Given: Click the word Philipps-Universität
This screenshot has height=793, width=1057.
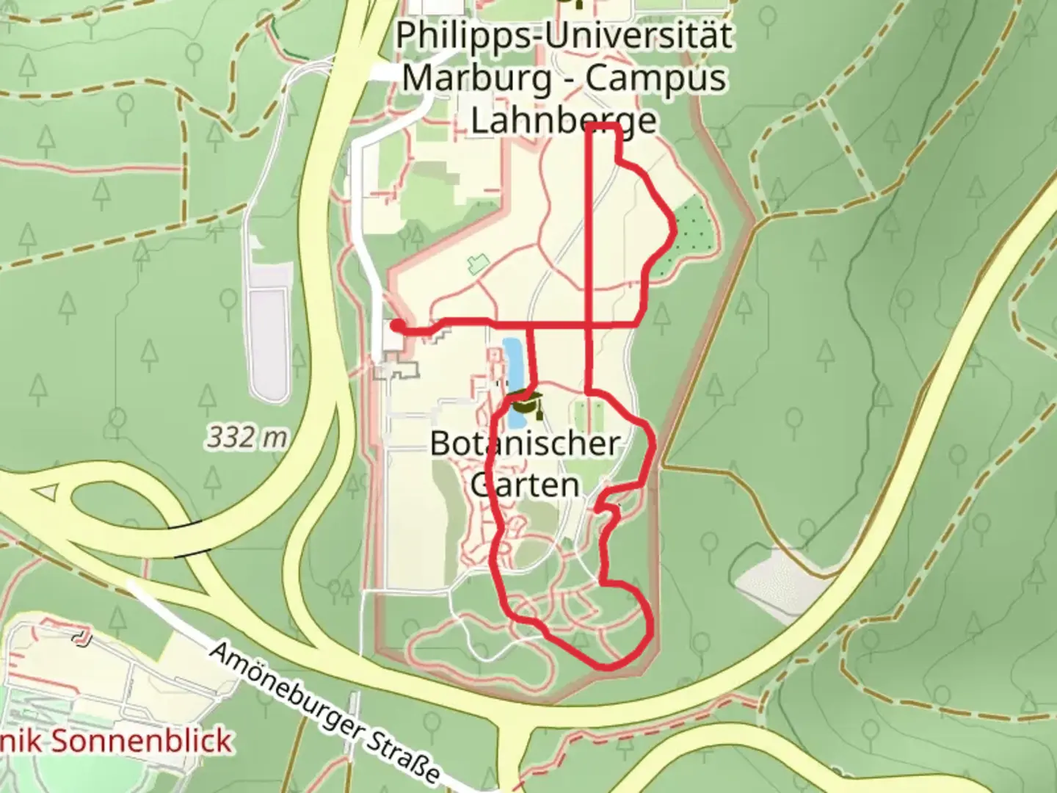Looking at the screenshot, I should click(x=564, y=35).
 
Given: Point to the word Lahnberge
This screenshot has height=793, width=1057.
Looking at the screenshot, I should click(x=564, y=120).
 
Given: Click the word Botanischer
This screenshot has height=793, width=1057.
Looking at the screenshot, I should click(x=526, y=443).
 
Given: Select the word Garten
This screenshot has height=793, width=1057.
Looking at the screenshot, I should click(x=526, y=485).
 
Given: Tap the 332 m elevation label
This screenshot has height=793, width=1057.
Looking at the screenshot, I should click(x=247, y=438).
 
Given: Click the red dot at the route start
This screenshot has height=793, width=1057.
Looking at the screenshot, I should click(x=396, y=325).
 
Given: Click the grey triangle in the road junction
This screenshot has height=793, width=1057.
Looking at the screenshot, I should click(x=46, y=491).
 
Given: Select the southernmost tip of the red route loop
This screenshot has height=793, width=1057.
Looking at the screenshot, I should click(x=606, y=667).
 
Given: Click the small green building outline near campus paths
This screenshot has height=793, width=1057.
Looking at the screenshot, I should click(x=478, y=262).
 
